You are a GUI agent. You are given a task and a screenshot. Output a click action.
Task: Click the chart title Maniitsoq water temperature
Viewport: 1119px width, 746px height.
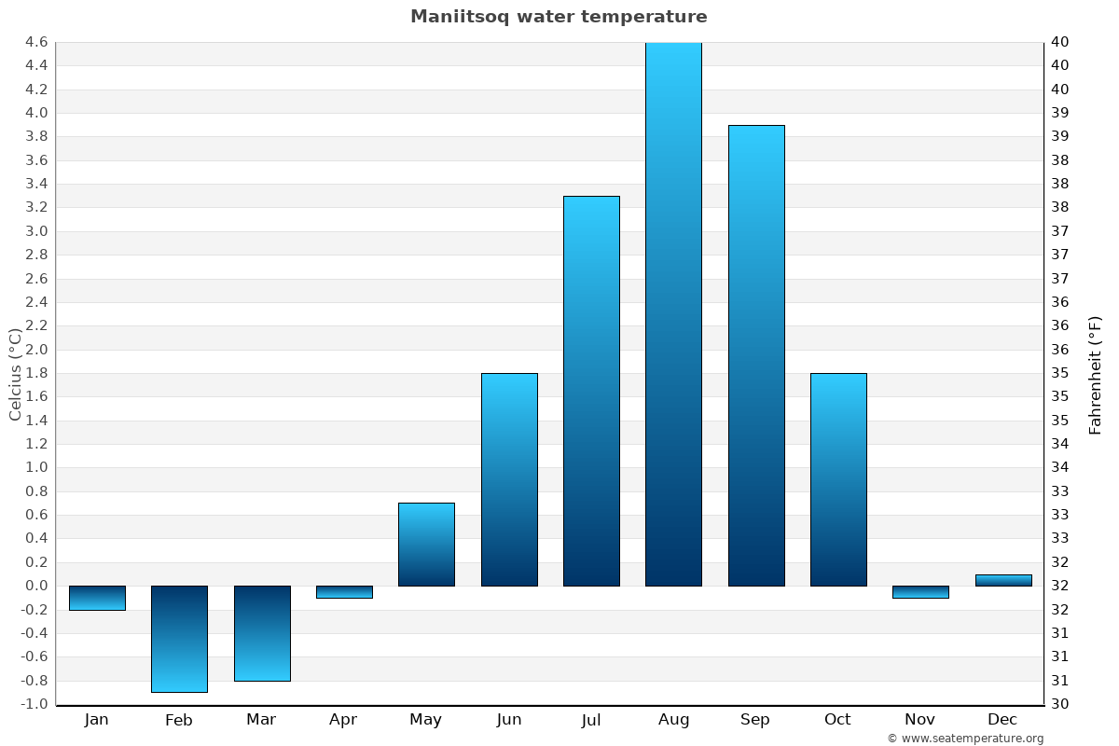coord(559,17)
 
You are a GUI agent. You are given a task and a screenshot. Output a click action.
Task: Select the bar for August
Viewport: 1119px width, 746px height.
coord(673,314)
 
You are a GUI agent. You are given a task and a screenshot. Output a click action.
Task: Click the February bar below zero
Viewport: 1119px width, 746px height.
coord(179,639)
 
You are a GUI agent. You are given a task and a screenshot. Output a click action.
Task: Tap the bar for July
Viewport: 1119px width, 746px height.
coord(591,391)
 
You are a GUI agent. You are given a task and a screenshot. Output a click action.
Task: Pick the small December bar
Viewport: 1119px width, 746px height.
coord(1003,580)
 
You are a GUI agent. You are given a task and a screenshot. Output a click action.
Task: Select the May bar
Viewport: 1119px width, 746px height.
coord(426,545)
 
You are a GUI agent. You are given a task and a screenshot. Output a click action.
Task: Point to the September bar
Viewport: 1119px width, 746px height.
coord(756,355)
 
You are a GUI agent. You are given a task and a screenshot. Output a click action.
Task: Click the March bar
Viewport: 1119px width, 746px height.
coord(262,633)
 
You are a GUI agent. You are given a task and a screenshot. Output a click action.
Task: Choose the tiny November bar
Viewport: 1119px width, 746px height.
coord(920,592)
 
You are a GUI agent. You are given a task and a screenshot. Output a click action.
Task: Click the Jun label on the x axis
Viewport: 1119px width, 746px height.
coord(509,720)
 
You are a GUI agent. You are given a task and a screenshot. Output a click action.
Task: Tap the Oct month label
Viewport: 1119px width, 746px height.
coord(837,720)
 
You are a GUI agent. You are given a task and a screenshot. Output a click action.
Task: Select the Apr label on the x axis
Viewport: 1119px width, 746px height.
coord(343,720)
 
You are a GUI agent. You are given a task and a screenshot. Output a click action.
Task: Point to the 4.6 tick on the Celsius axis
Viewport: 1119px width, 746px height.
coord(36,42)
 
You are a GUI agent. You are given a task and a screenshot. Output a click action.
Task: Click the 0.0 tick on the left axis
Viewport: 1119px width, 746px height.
coord(36,586)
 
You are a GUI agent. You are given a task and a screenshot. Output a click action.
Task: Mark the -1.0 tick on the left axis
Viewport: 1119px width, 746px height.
coord(35,704)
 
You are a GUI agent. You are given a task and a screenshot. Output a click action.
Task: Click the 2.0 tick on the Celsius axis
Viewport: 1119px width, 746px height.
coord(36,350)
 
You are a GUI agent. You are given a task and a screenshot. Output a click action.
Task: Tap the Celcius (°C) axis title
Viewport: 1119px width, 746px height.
coord(15,374)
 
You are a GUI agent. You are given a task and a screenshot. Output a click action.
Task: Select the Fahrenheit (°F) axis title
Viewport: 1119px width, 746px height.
coord(1096,374)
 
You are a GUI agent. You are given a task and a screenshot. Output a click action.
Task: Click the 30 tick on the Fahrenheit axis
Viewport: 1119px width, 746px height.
coord(1060,704)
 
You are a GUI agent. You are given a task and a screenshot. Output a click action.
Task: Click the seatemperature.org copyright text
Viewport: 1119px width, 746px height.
coord(965,739)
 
